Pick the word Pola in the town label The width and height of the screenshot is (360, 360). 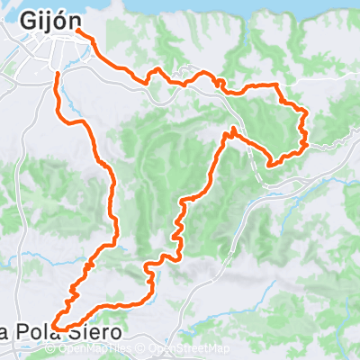44,332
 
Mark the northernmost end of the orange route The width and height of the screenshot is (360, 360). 77,30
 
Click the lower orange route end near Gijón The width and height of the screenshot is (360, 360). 58,73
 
